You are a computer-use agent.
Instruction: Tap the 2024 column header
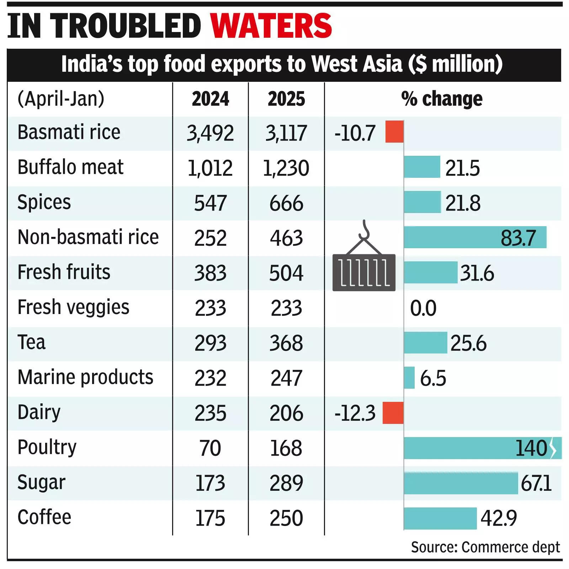point(210,99)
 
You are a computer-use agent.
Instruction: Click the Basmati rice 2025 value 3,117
point(286,133)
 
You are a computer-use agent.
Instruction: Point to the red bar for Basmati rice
point(394,132)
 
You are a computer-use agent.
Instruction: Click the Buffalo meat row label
point(70,167)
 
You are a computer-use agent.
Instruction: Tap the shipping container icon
point(364,272)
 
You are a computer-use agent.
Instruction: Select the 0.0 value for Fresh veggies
point(423,308)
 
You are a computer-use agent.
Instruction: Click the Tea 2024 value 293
point(210,343)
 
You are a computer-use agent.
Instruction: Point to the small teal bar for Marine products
point(409,378)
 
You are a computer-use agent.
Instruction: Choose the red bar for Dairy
point(393,413)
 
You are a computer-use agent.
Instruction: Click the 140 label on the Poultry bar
point(531,448)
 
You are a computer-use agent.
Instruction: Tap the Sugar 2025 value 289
point(286,483)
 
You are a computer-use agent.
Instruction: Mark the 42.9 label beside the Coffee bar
point(498,518)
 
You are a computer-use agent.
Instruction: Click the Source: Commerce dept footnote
point(485,547)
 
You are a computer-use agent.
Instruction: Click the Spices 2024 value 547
point(210,203)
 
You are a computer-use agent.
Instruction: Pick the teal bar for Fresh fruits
point(431,272)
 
